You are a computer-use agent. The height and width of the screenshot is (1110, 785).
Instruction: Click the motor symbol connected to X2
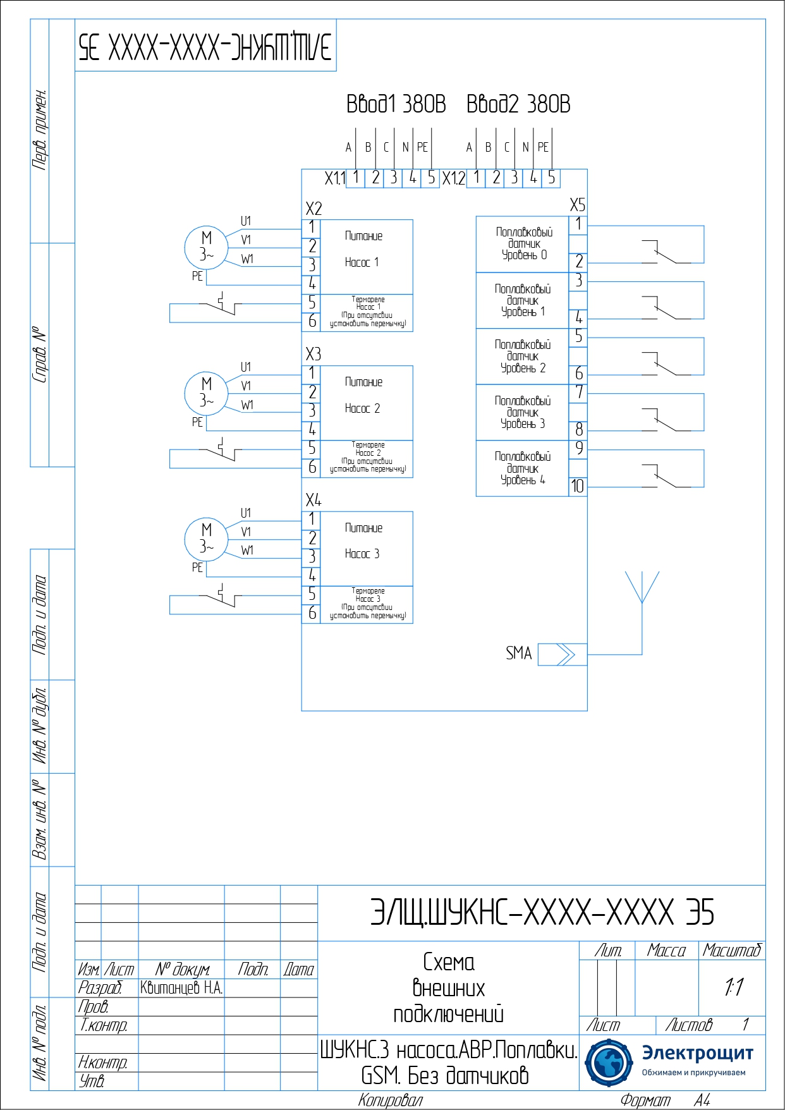(205, 247)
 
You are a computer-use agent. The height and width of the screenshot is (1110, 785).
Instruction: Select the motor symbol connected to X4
(205, 539)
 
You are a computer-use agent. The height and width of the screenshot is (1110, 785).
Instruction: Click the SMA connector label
(518, 654)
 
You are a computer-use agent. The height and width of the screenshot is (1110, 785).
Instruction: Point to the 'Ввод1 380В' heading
(396, 104)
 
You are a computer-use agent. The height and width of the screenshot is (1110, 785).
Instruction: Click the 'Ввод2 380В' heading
(518, 104)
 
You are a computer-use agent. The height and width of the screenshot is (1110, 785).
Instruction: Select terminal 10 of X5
(578, 486)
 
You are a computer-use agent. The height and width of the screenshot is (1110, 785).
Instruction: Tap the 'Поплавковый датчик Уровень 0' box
(523, 244)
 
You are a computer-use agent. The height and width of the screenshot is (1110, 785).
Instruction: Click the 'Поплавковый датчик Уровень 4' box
(523, 468)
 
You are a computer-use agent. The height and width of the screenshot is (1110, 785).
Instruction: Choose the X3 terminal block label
(313, 354)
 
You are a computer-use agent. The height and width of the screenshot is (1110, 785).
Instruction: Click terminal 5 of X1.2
(552, 178)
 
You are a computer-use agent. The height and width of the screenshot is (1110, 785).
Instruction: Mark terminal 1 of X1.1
(356, 178)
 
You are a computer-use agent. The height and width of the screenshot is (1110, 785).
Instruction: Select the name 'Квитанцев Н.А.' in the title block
(181, 988)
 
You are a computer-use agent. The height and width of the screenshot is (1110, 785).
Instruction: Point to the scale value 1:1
(733, 987)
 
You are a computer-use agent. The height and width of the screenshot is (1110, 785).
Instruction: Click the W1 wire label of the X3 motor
(247, 405)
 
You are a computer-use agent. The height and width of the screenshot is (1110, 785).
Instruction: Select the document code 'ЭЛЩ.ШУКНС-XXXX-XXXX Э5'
(542, 913)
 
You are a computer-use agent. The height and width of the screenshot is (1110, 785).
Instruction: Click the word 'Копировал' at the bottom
(390, 1101)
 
